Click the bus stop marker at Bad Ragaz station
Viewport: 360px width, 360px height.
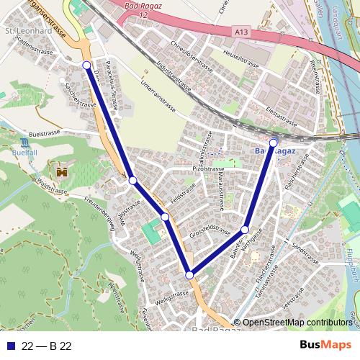click(x=273, y=143)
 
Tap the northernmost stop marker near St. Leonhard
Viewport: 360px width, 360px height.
click(x=87, y=66)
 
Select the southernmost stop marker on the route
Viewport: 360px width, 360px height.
click(x=189, y=274)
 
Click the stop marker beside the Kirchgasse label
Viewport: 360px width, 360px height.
click(x=245, y=230)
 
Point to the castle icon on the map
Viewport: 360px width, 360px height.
click(x=61, y=173)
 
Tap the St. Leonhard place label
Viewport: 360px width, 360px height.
click(x=27, y=32)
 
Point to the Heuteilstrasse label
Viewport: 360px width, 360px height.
click(x=240, y=55)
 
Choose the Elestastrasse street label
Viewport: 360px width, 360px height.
click(x=282, y=118)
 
